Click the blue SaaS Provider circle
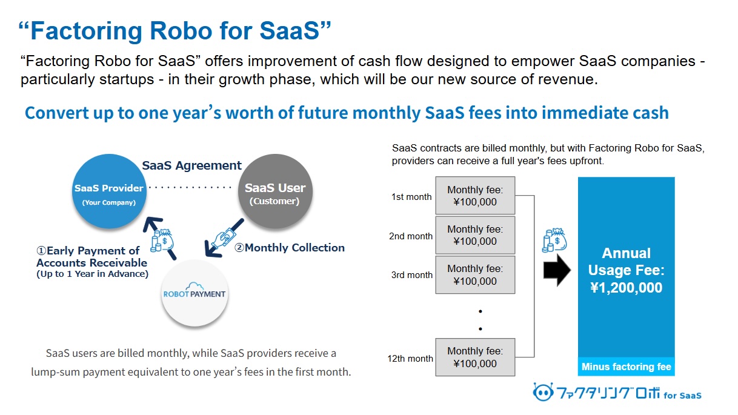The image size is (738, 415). tap(109, 191)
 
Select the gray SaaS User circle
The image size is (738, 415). tap(275, 191)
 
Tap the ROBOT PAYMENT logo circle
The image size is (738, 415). tap(194, 293)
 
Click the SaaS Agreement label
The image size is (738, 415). tap(191, 165)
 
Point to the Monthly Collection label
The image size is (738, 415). tap(289, 247)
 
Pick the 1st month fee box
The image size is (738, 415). tap(475, 196)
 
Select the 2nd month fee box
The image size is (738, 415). tap(475, 235)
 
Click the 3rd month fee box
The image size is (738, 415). tap(475, 274)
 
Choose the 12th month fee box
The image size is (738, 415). tap(475, 357)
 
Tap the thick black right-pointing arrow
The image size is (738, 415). tap(557, 270)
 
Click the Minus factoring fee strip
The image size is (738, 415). tap(627, 367)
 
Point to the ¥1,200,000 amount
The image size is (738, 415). tap(627, 288)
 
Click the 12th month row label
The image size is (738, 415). tap(410, 358)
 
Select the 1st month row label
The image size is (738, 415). tap(411, 197)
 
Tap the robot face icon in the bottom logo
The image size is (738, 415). tap(543, 392)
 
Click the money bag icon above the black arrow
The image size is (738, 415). tap(554, 240)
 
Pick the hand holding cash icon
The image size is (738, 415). tap(224, 237)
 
